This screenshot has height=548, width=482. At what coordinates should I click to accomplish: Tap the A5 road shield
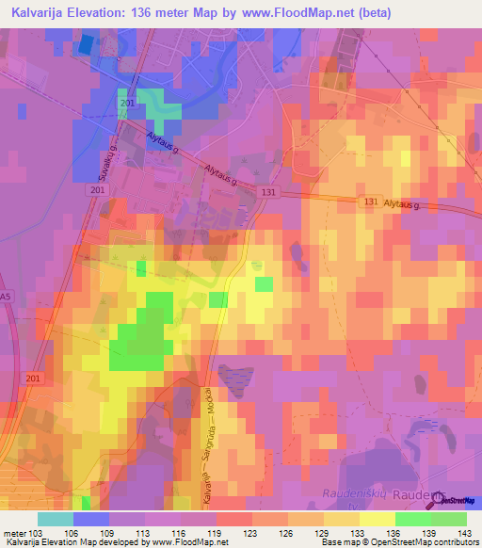8,297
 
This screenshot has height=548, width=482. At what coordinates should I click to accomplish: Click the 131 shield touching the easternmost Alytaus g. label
371,201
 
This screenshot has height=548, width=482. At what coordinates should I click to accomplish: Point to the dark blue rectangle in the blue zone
87,43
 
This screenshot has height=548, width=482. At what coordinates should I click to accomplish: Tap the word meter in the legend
14,532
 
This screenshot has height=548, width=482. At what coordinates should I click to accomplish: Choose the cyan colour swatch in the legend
56,519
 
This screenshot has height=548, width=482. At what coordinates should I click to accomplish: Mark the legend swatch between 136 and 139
413,519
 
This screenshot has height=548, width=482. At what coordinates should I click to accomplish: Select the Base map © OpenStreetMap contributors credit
398,542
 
